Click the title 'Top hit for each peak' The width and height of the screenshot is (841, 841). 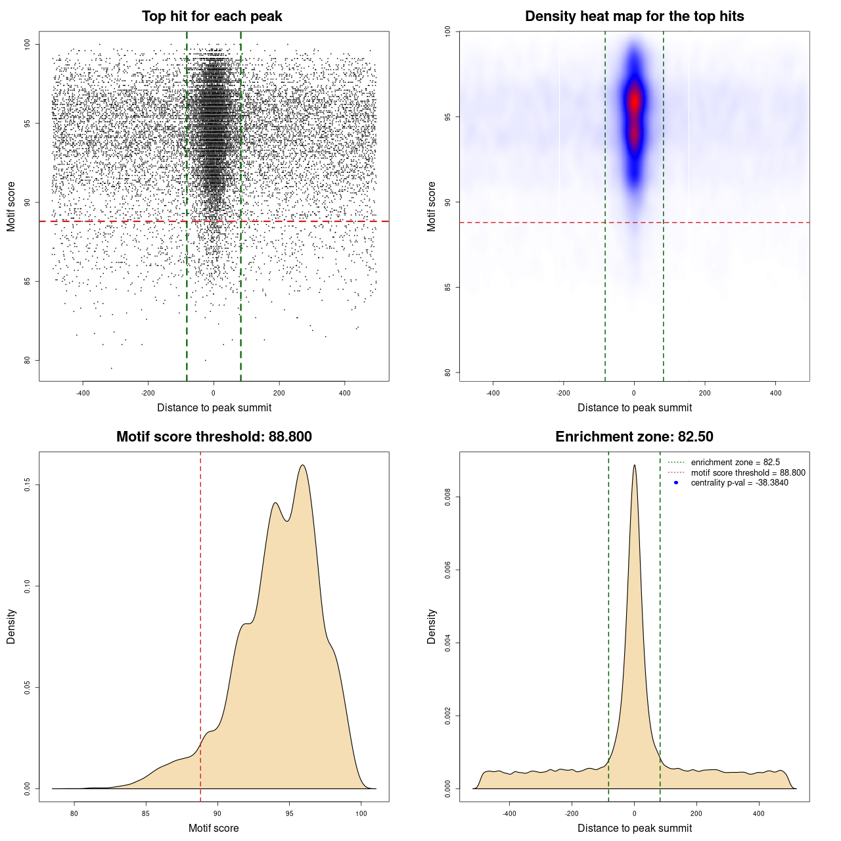point(212,16)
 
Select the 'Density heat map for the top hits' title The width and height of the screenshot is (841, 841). point(634,16)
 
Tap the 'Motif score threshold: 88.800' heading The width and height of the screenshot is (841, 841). point(214,437)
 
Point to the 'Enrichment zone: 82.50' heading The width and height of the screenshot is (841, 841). point(634,437)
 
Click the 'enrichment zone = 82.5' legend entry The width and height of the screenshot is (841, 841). point(735,463)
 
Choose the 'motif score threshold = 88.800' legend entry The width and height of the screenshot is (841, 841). point(748,472)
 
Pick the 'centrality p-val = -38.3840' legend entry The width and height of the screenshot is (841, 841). point(739,483)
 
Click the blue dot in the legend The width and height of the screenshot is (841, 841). point(676,483)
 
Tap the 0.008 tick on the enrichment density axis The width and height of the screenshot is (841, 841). point(448,497)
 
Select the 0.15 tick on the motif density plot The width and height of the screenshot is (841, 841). point(28,485)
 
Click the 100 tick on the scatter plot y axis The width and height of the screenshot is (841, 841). point(28,44)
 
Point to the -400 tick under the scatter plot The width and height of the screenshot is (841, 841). point(83,393)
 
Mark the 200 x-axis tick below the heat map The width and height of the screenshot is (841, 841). point(705,393)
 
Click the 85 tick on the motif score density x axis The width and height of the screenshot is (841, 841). point(146,813)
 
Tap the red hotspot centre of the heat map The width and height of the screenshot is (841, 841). point(634,102)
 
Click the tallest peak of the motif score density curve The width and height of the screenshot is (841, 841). point(303,465)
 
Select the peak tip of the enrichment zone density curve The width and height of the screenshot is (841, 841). point(634,465)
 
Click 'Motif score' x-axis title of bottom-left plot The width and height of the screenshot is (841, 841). point(214,828)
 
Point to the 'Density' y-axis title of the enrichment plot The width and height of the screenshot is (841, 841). point(432,626)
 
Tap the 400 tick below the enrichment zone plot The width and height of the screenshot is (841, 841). point(759,813)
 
